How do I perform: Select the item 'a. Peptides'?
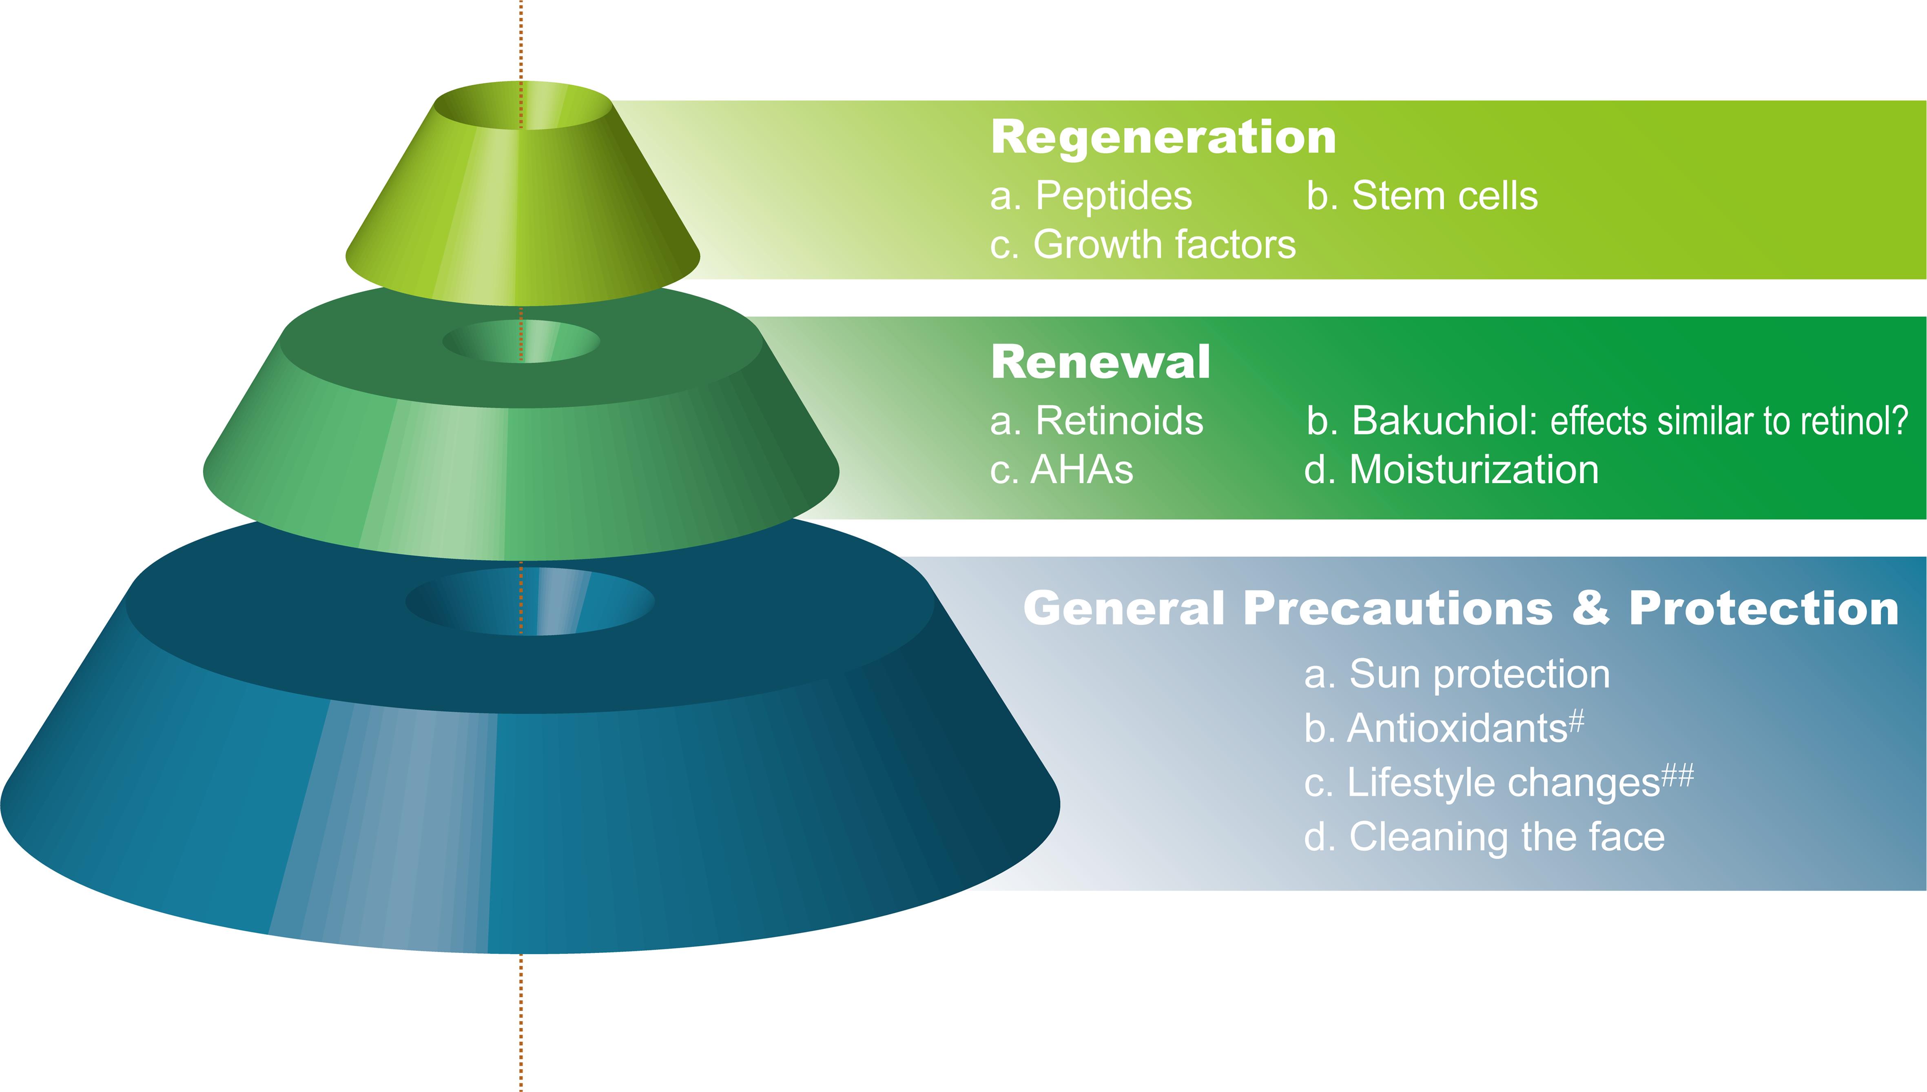(x=1090, y=197)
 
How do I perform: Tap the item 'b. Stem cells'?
(x=1422, y=197)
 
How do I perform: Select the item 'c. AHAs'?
(x=1061, y=470)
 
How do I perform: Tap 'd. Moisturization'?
(x=1451, y=470)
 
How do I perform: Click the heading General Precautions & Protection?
(x=1460, y=608)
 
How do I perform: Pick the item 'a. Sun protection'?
(x=1456, y=674)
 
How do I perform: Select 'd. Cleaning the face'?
(x=1484, y=837)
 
